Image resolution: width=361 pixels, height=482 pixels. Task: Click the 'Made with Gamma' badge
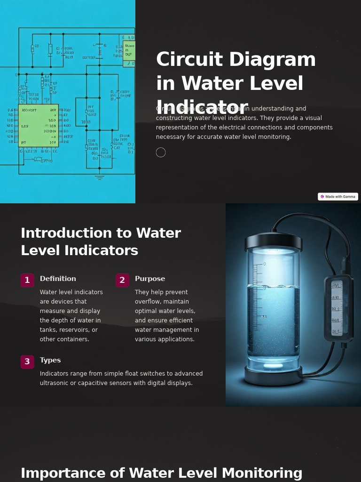[338, 197]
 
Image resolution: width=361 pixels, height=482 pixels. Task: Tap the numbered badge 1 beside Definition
[27, 281]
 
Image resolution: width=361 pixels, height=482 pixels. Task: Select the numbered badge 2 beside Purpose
[122, 281]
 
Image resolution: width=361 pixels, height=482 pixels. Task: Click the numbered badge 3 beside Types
[27, 362]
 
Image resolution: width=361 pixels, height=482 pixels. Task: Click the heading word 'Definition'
[58, 279]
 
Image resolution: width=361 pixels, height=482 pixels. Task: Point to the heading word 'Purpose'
[150, 279]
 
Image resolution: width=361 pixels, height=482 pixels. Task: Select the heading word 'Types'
[50, 360]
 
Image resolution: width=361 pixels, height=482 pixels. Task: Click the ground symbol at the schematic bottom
[99, 177]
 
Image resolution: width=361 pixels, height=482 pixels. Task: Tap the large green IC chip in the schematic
[39, 125]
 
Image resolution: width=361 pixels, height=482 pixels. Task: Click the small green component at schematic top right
[129, 51]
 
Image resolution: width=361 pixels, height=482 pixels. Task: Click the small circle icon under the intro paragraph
[161, 153]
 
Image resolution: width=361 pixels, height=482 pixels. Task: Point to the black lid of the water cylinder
[273, 241]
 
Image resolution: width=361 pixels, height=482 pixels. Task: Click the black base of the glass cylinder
[273, 376]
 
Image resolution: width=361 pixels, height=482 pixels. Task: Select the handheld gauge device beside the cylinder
[338, 308]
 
